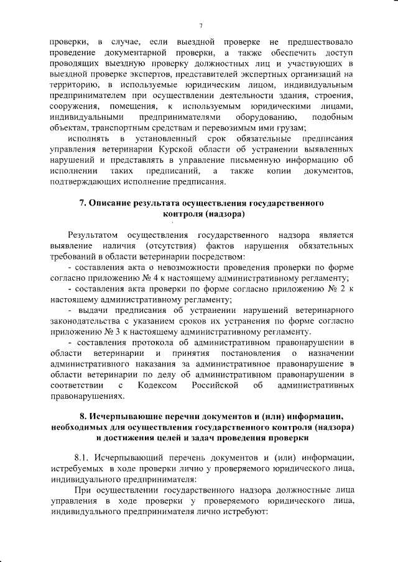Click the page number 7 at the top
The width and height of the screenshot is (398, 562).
[201, 25]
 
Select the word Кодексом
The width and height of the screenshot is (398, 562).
[165, 386]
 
